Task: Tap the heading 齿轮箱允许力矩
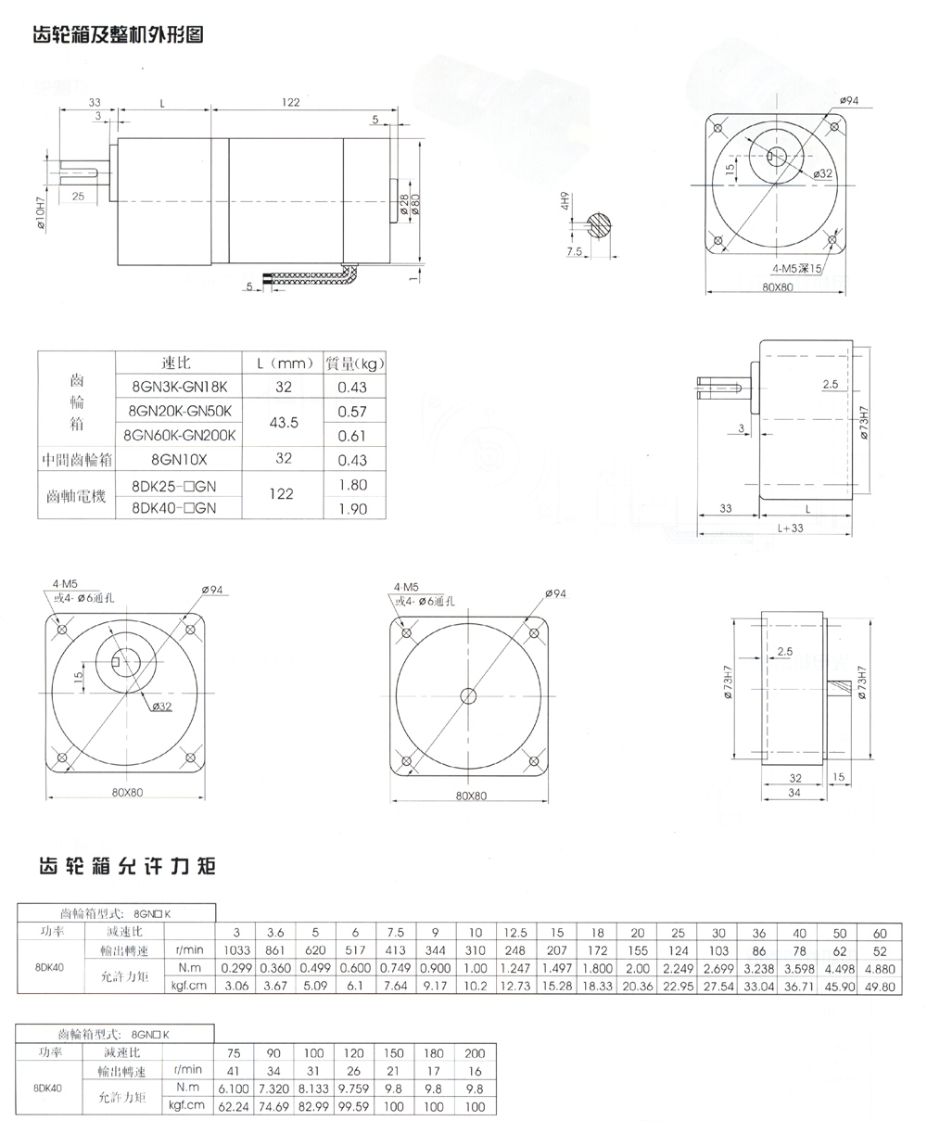tap(126, 867)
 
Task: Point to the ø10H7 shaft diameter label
tap(42, 210)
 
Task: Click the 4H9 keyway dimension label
tap(563, 202)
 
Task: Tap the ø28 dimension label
tap(404, 205)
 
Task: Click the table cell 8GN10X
tap(178, 459)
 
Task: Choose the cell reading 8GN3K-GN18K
tap(178, 386)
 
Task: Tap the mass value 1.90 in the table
tap(352, 508)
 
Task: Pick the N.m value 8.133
tap(312, 1089)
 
